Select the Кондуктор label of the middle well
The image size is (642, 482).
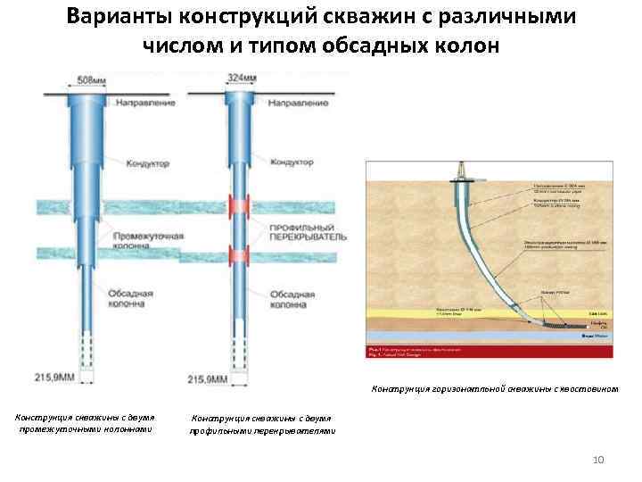pos(291,163)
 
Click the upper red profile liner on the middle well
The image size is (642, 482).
pos(238,205)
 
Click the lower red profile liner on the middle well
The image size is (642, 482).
pos(238,256)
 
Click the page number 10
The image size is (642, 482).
pos(598,459)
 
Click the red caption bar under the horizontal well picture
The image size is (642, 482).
pos(489,350)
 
